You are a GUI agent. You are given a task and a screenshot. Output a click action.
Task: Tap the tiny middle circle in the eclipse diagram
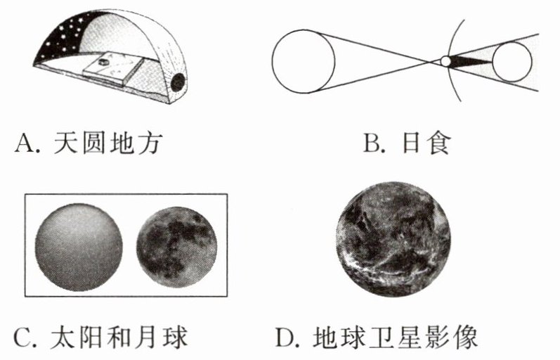tap(445, 62)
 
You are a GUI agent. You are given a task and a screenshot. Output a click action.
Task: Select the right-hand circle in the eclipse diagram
tap(514, 62)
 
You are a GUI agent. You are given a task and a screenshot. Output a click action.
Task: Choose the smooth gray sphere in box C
tap(78, 246)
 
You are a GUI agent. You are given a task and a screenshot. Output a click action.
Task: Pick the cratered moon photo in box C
tap(176, 246)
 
